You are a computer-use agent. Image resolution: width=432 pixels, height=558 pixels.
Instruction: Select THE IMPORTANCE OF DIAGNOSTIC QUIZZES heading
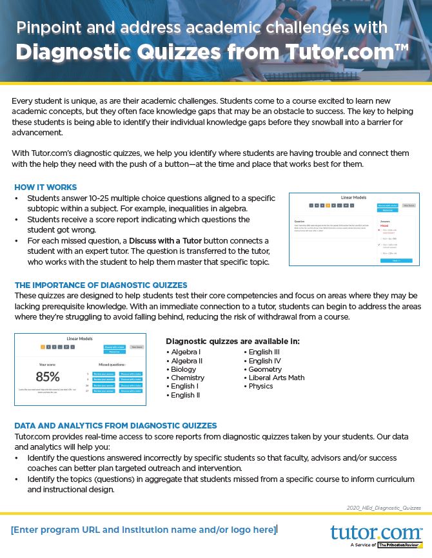click(101, 285)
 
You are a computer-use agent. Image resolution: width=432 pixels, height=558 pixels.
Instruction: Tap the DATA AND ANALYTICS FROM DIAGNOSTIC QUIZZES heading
click(115, 425)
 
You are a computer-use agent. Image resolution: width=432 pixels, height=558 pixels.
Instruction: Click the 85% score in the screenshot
click(48, 377)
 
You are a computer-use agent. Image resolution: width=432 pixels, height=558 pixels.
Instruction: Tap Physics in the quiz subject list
click(260, 386)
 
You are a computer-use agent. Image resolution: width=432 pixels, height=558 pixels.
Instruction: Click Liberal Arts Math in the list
click(276, 378)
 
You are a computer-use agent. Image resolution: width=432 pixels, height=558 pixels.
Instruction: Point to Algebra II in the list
click(186, 361)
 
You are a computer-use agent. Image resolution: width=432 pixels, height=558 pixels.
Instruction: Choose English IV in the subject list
click(264, 361)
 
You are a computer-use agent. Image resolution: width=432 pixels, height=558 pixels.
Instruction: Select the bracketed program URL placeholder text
click(143, 530)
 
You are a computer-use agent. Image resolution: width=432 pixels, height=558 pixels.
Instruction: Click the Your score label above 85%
click(47, 364)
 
